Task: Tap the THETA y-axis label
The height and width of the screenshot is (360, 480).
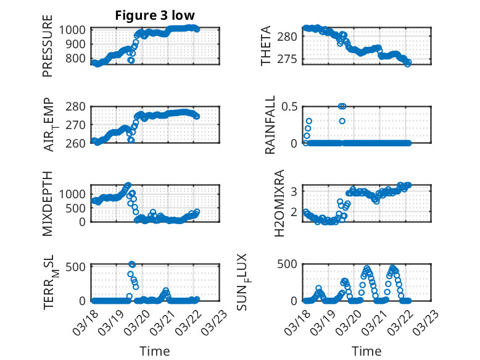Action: click(x=267, y=46)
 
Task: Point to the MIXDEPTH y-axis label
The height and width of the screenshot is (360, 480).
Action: click(x=48, y=204)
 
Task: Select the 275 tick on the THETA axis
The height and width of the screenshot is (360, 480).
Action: click(x=289, y=59)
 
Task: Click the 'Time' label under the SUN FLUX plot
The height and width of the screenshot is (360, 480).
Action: click(x=366, y=351)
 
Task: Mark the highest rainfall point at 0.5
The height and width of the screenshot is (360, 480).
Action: click(x=342, y=106)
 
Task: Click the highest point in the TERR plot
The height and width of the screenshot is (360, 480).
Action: click(x=131, y=264)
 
